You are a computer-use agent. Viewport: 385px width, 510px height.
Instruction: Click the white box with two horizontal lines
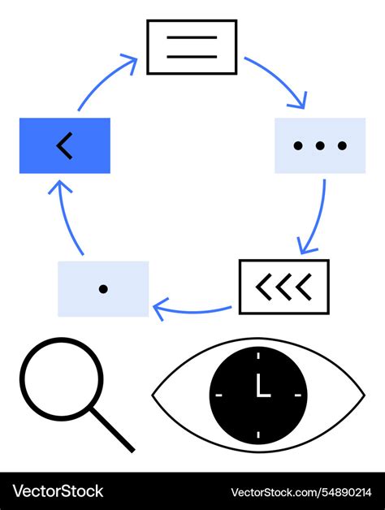pyautogui.click(x=192, y=47)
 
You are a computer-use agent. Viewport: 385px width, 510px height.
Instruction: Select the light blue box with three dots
pyautogui.click(x=320, y=145)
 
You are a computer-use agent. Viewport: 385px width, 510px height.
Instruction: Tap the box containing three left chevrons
pyautogui.click(x=283, y=287)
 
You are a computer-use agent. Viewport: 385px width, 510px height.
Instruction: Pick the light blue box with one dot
pyautogui.click(x=103, y=288)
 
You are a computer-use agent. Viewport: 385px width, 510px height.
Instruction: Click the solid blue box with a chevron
pyautogui.click(x=65, y=145)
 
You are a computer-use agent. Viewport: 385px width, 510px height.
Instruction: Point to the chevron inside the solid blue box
pyautogui.click(x=65, y=145)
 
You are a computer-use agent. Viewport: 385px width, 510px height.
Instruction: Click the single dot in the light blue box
pyautogui.click(x=103, y=288)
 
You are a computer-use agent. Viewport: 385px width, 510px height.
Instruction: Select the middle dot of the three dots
pyautogui.click(x=320, y=146)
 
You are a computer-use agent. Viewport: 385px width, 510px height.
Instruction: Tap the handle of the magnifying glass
pyautogui.click(x=113, y=430)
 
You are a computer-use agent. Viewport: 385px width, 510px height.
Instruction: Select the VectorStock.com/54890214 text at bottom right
pyautogui.click(x=301, y=492)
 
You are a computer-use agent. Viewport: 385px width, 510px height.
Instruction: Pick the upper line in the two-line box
pyautogui.click(x=192, y=37)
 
